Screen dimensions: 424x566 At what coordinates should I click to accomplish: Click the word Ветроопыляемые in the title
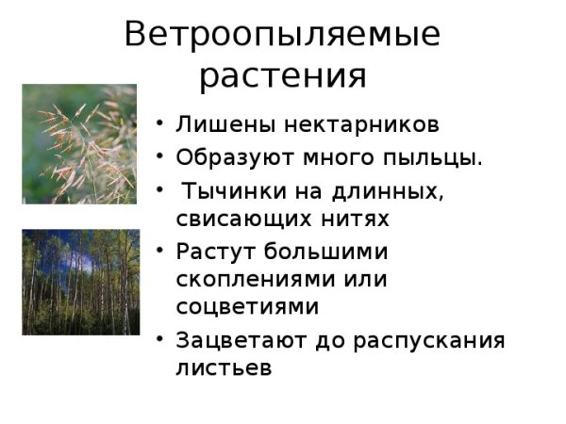click(x=282, y=35)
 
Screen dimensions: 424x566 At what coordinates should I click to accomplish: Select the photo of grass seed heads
click(x=79, y=143)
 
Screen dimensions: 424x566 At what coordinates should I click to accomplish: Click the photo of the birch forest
click(x=79, y=282)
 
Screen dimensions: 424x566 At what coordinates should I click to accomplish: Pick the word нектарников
click(x=358, y=125)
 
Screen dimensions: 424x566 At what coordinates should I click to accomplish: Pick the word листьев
click(x=224, y=368)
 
